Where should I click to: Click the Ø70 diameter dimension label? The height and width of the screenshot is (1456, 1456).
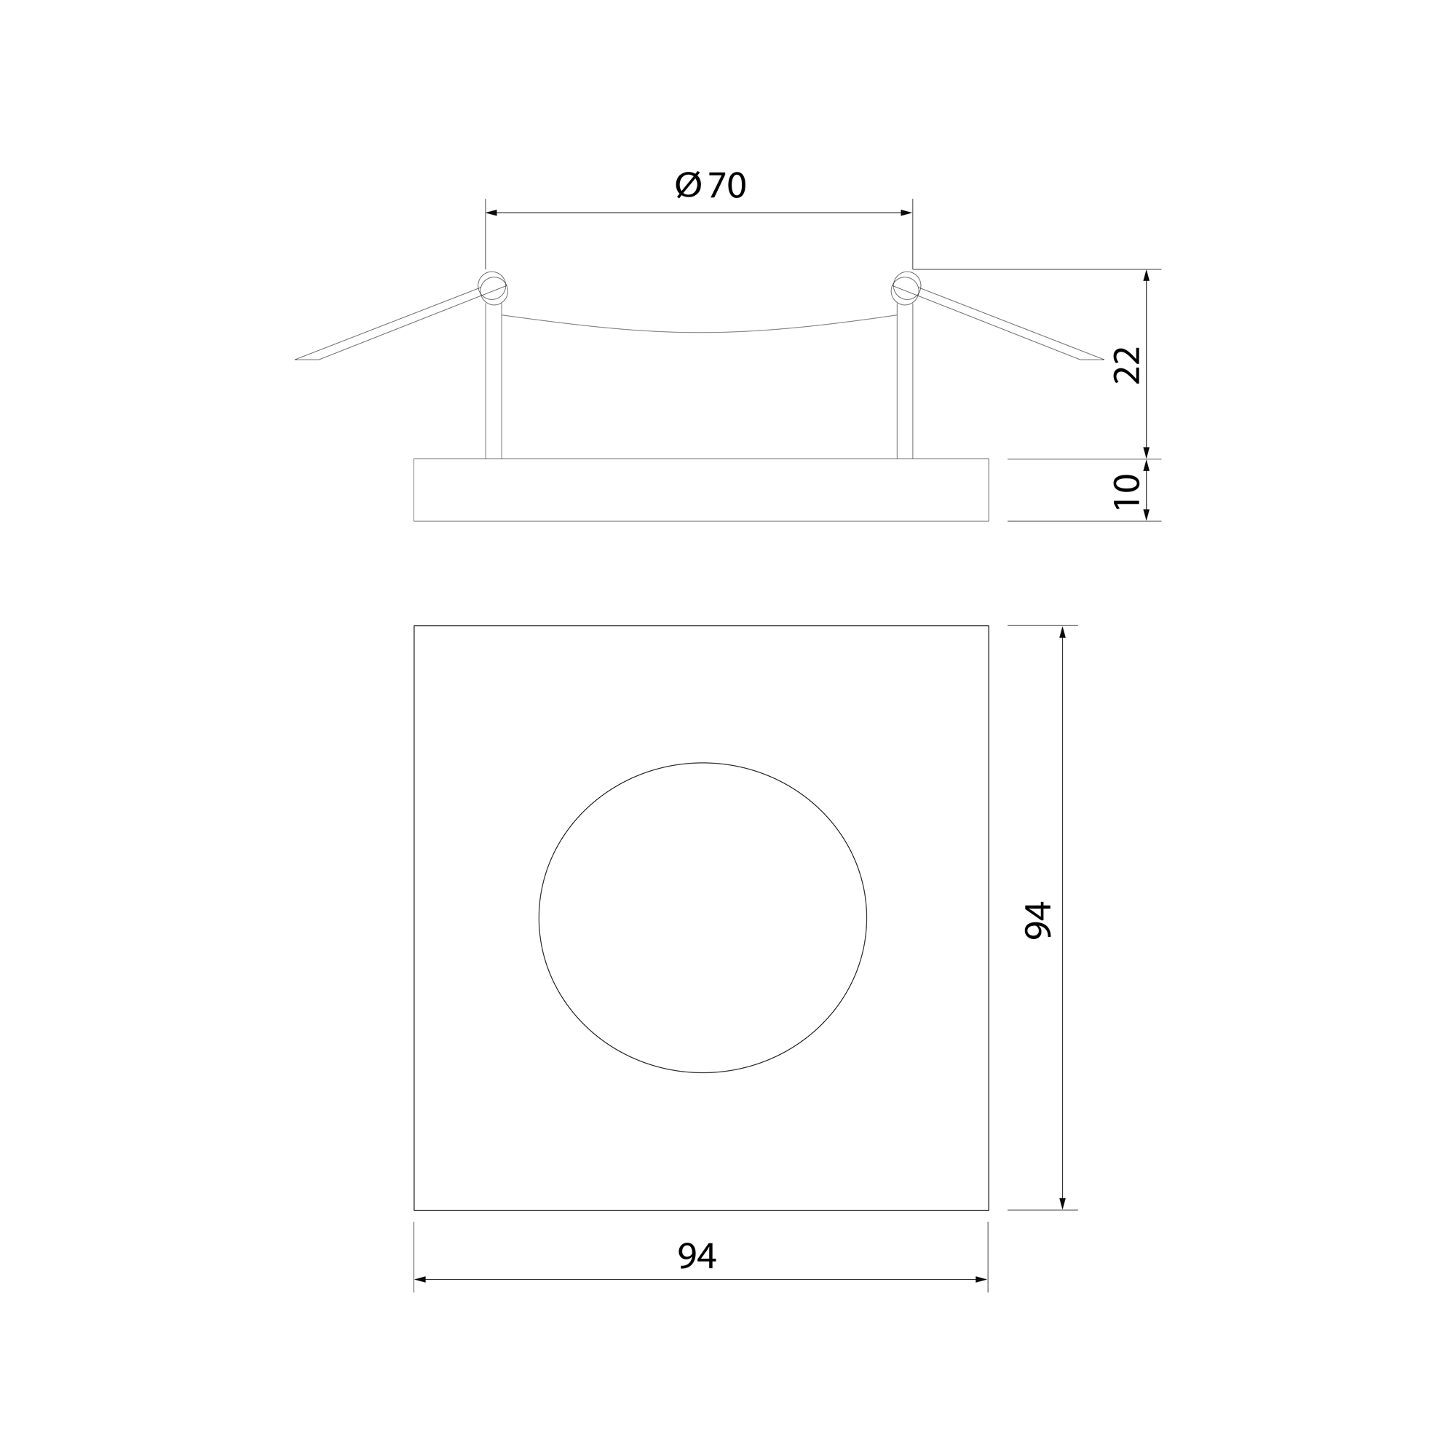tap(711, 185)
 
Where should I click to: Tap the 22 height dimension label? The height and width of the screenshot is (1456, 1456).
tap(1128, 365)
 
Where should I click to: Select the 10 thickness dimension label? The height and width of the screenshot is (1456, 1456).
tap(1128, 491)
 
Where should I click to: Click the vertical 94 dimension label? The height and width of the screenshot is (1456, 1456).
tap(1037, 920)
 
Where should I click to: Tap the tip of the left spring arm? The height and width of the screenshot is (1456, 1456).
tap(296, 359)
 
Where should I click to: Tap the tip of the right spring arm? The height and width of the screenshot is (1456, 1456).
tap(1102, 359)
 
